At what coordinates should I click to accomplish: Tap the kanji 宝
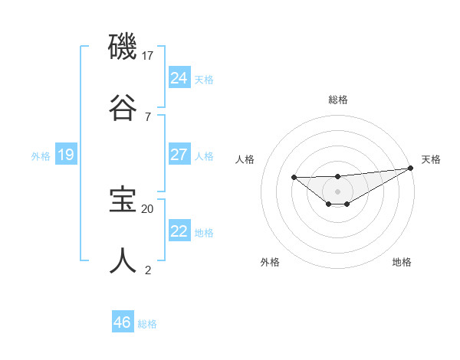click(123, 200)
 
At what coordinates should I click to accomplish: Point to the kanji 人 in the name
click(123, 260)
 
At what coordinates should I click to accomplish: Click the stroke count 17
click(148, 56)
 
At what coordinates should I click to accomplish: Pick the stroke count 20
click(148, 208)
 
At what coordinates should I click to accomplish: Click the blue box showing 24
click(179, 77)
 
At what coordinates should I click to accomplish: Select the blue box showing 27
click(179, 155)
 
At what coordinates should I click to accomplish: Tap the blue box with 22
click(179, 231)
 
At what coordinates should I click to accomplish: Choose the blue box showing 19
click(65, 155)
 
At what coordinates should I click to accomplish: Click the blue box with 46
click(122, 322)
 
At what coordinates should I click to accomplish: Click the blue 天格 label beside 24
click(204, 79)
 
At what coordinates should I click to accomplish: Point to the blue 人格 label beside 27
click(204, 156)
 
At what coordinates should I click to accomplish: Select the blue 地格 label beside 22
click(204, 233)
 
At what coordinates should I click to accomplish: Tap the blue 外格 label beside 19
click(41, 156)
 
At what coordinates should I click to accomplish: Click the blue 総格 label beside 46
click(147, 324)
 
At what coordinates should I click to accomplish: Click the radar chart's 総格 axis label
click(337, 100)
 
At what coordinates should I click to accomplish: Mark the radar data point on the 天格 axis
click(410, 169)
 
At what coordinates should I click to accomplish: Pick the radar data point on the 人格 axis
click(294, 178)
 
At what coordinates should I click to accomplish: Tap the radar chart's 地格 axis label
click(402, 262)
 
